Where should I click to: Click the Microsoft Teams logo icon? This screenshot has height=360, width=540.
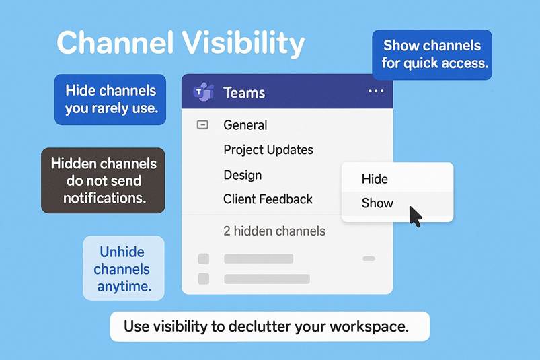tap(203, 92)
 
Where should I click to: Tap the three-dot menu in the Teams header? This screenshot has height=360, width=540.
tap(376, 92)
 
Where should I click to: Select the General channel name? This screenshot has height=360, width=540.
tap(245, 124)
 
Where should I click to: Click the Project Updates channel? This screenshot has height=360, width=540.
tap(268, 150)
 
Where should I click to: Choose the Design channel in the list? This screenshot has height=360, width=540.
tap(243, 175)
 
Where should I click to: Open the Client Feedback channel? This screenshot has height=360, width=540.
tap(268, 199)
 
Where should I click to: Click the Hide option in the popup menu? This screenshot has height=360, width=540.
tap(375, 179)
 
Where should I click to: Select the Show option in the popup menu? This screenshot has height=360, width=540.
tap(377, 203)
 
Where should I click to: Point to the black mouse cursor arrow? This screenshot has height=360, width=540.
tap(415, 216)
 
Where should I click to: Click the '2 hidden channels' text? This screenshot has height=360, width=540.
tap(274, 231)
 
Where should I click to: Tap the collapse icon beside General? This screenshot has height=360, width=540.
tap(202, 124)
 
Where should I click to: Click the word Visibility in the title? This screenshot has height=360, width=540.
tap(243, 44)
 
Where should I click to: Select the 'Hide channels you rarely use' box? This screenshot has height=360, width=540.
tap(110, 99)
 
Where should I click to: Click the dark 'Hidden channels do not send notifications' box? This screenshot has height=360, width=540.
tap(103, 180)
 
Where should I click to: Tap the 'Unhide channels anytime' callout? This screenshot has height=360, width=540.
tap(124, 268)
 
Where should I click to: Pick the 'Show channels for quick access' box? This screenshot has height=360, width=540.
tap(432, 55)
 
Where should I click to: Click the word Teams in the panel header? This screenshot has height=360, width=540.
tap(244, 92)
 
